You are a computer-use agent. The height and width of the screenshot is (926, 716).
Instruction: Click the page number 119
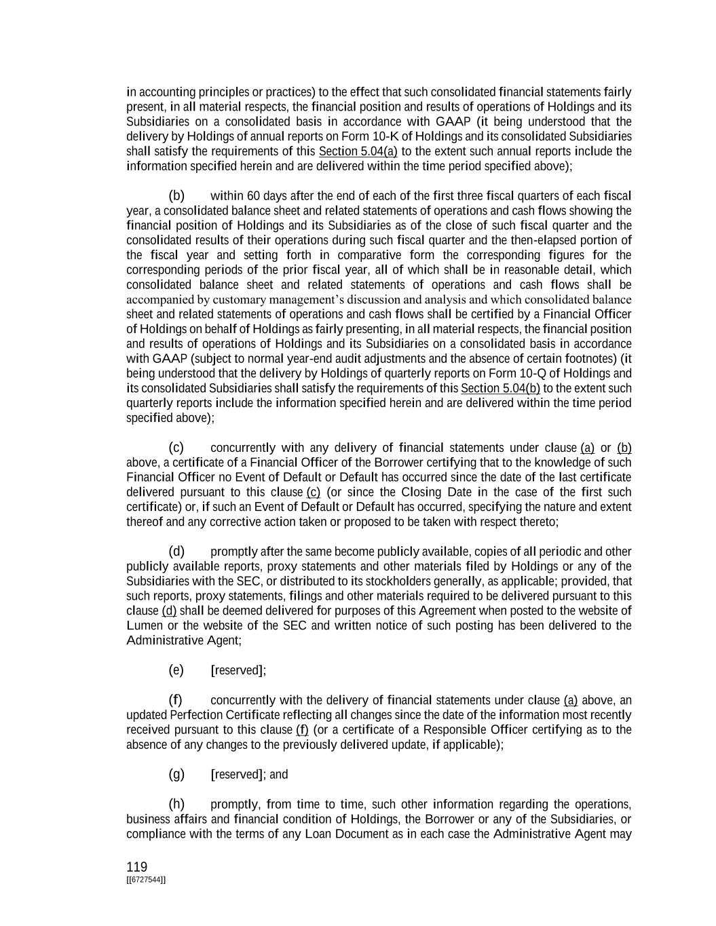pos(136,867)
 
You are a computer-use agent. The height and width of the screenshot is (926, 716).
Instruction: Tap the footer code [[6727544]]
pos(146,880)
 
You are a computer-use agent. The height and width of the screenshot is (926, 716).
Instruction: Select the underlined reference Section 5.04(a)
pos(358,151)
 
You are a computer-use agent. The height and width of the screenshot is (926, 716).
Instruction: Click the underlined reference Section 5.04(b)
pos(500,388)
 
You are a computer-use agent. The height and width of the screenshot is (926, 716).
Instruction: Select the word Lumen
pos(144,625)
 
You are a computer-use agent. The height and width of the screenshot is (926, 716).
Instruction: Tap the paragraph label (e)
pos(176,670)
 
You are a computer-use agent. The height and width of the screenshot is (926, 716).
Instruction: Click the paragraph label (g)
pos(176,774)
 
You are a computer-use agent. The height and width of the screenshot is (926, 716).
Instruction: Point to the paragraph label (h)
pos(176,804)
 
